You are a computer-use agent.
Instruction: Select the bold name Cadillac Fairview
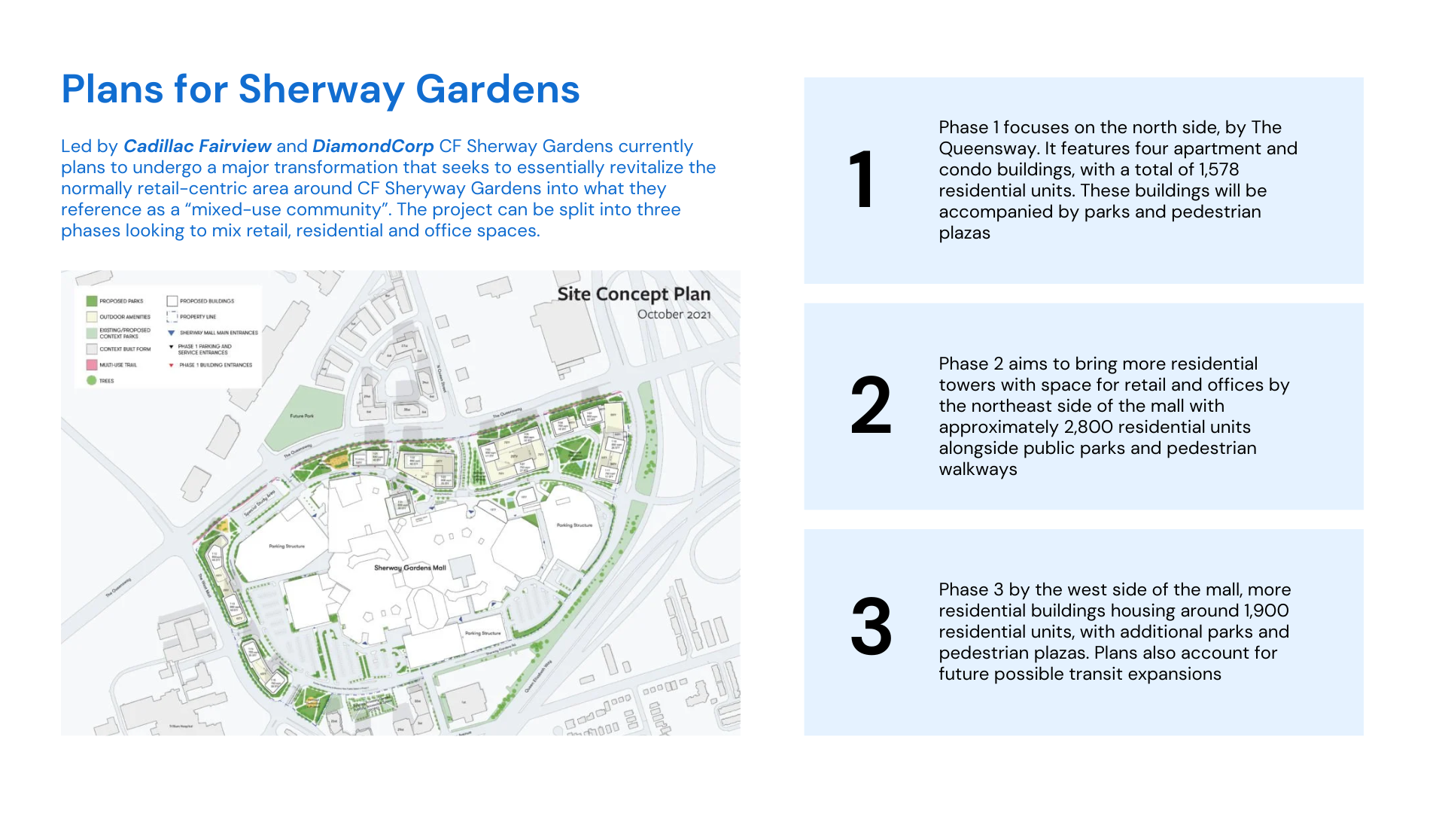[197, 146]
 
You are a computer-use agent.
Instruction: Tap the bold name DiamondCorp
[373, 146]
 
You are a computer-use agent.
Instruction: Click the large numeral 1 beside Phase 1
[862, 180]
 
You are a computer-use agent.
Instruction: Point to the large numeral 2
[871, 406]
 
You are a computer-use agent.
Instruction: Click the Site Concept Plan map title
[634, 294]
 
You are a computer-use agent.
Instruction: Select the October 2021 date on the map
[674, 315]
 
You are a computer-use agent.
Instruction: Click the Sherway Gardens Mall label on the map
[410, 568]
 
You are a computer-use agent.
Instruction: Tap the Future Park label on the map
[302, 416]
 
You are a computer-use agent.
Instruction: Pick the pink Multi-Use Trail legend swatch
[92, 365]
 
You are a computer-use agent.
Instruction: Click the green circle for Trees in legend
[92, 380]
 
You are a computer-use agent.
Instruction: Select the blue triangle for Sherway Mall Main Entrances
[172, 333]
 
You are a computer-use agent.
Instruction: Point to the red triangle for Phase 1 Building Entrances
[172, 365]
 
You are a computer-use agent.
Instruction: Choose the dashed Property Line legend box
[172, 317]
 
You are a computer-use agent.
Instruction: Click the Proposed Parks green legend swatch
[92, 301]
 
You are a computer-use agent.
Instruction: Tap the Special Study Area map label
[260, 503]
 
